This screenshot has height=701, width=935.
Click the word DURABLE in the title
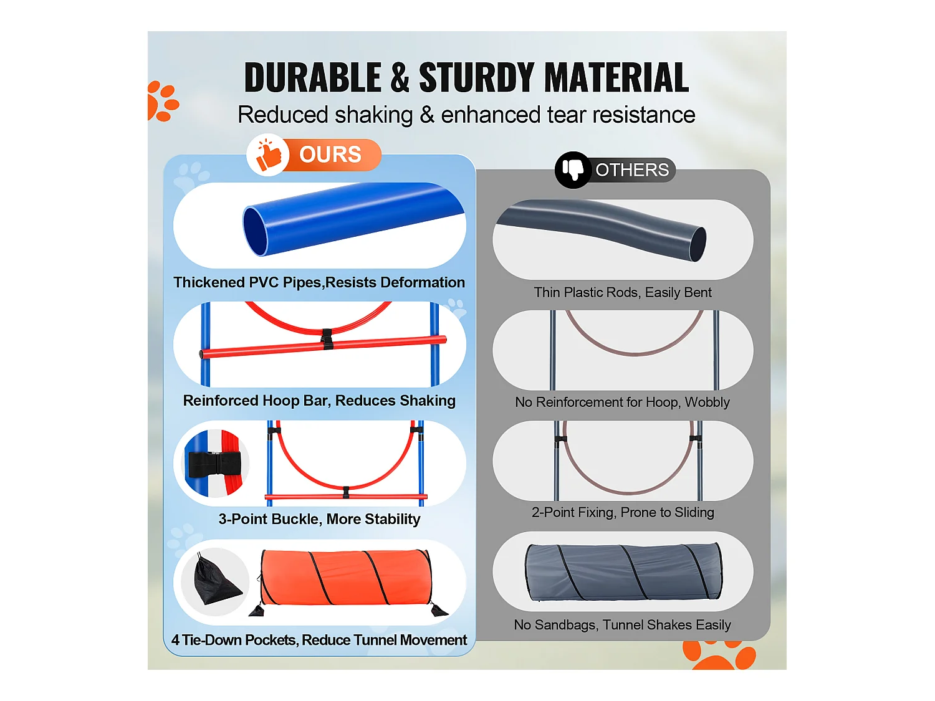(x=312, y=78)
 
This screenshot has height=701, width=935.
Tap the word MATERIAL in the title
(x=617, y=78)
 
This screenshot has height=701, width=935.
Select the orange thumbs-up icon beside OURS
(x=269, y=156)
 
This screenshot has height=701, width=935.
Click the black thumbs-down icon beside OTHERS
(x=573, y=169)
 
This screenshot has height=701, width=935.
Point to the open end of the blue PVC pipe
(x=255, y=231)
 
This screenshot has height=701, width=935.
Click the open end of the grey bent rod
(x=698, y=244)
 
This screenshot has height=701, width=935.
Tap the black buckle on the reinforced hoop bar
(x=327, y=340)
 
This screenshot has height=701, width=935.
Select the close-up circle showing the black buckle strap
(x=215, y=463)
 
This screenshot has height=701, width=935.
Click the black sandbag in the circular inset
(x=214, y=582)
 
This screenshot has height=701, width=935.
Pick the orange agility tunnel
(x=346, y=578)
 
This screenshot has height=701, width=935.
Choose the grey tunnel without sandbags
(x=623, y=572)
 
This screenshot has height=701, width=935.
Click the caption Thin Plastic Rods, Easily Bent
(x=623, y=292)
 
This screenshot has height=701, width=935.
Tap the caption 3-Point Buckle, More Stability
(x=319, y=519)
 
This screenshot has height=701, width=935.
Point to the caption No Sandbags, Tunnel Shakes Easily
(x=622, y=624)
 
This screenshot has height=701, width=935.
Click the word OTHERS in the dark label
(x=632, y=169)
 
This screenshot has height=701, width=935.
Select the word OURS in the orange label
(x=330, y=155)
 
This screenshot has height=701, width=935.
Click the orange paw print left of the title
(x=161, y=102)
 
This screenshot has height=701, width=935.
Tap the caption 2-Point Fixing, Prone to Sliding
(x=623, y=512)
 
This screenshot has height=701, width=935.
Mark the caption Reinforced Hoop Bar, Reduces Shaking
(x=319, y=401)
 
